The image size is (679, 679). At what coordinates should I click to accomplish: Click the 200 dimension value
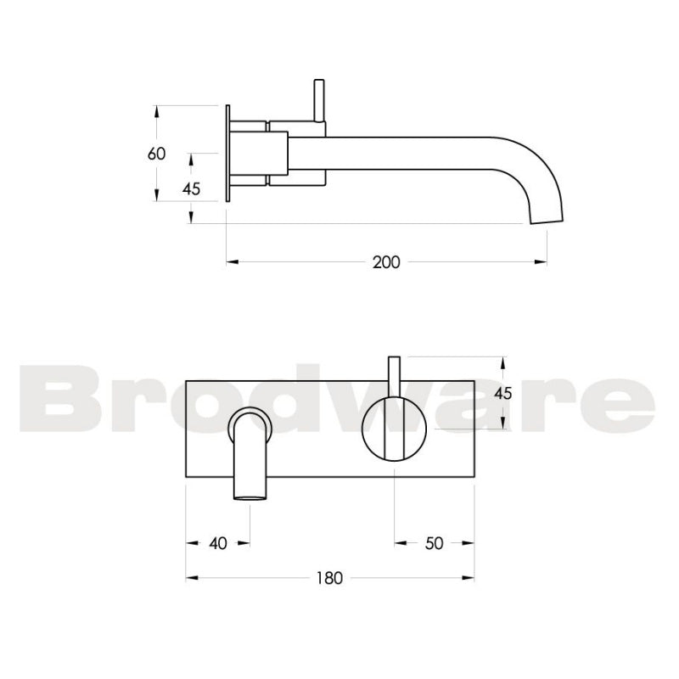click(x=386, y=262)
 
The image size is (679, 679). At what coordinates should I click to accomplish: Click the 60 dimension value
click(x=156, y=154)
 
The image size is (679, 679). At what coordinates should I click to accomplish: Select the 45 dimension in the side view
click(x=191, y=189)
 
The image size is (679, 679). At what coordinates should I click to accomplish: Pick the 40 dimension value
click(x=217, y=544)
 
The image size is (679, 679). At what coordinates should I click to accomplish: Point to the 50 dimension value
click(x=434, y=544)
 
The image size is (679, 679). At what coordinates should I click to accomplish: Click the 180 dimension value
click(x=329, y=579)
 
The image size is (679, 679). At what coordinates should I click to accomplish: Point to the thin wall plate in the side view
click(x=227, y=154)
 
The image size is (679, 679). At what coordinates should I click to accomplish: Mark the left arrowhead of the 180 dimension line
click(x=190, y=579)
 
